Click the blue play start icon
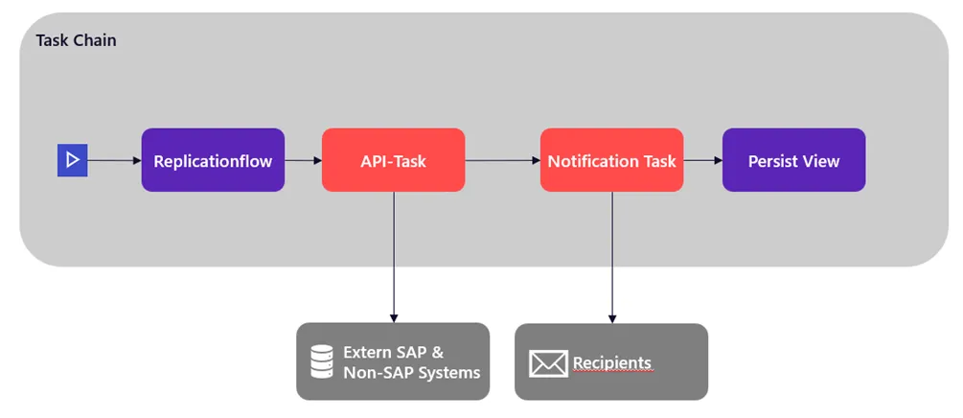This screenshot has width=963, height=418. click(73, 160)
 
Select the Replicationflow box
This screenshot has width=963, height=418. click(213, 160)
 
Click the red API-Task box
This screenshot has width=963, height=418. click(393, 160)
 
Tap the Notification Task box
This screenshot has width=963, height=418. click(611, 160)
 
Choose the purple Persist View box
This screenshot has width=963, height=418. click(793, 160)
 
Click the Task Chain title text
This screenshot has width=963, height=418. click(76, 40)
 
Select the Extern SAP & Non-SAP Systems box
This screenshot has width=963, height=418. click(393, 361)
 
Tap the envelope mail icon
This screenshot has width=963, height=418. click(548, 363)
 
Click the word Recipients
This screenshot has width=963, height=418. click(612, 363)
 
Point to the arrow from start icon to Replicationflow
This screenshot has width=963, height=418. click(114, 160)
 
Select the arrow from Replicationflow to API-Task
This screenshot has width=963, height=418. click(303, 160)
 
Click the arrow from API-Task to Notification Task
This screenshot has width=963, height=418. click(502, 160)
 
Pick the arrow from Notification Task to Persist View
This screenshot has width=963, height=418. click(702, 160)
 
